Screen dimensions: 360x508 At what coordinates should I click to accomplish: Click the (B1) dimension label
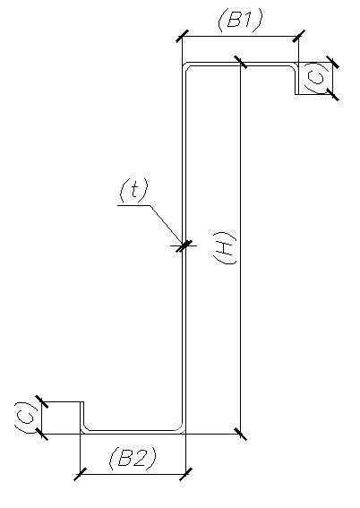240,20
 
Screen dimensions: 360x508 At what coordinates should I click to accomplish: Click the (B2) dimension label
133,458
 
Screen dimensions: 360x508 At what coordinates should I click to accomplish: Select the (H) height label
225,248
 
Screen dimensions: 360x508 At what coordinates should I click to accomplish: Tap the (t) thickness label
133,190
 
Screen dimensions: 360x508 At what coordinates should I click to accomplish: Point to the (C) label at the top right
315,78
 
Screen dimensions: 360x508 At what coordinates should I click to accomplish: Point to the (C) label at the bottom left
25,418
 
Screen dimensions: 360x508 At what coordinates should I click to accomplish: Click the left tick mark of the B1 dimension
183,36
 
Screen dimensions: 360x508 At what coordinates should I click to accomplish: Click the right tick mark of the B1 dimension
298,36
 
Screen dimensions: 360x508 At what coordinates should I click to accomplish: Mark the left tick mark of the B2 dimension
80,474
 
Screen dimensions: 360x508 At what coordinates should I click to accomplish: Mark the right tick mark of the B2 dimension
185,474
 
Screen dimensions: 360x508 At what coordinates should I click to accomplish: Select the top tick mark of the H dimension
240,62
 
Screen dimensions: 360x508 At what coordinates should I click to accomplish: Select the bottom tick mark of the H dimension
240,434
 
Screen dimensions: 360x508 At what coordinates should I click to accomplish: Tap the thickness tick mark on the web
184,245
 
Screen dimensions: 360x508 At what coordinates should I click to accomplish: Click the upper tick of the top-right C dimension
332,62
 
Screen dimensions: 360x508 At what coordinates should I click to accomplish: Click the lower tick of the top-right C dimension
332,94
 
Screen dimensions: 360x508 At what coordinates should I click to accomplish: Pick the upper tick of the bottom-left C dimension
41,401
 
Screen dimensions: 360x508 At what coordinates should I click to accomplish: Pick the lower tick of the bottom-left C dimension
41,434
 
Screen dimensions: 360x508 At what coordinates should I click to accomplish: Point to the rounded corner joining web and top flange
184,65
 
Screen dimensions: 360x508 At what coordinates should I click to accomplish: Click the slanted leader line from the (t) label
167,225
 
